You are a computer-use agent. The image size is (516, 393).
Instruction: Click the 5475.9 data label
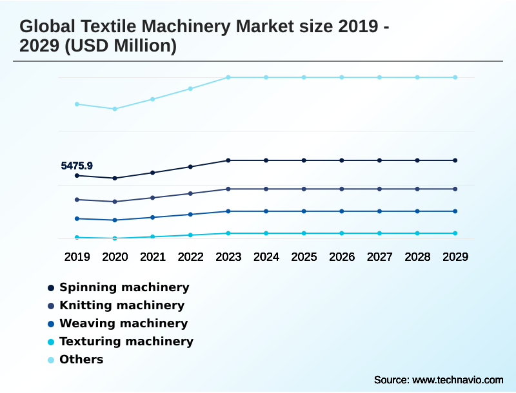(77, 166)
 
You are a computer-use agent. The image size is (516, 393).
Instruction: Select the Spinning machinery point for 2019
(77, 175)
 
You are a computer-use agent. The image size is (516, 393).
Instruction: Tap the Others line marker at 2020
(115, 109)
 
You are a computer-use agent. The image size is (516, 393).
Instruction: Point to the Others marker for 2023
(228, 77)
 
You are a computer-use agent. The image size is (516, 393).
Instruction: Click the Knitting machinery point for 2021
(153, 198)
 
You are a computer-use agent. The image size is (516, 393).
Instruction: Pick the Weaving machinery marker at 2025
(304, 211)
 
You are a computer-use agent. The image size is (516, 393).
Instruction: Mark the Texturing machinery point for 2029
(455, 233)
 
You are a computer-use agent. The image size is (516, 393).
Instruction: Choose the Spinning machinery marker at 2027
(379, 160)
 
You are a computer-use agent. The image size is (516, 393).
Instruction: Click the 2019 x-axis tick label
(77, 257)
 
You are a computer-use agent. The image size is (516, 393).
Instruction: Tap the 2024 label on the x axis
(266, 257)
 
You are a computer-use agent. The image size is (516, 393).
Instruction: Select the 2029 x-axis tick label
(455, 257)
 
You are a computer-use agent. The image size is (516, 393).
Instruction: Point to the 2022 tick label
(190, 257)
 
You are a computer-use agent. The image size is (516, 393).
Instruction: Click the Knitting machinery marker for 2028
(417, 189)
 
